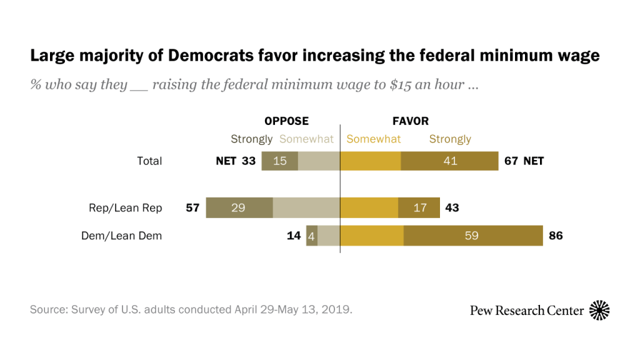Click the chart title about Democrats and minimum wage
[315, 56]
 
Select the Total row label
[149, 161]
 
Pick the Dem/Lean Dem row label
[121, 236]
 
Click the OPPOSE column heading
[286, 121]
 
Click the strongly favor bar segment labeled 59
[473, 236]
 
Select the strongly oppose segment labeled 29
[239, 207]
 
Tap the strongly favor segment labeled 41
[449, 161]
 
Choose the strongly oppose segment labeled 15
[279, 161]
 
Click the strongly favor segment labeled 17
[419, 207]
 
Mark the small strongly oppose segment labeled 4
[312, 236]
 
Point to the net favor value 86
[556, 236]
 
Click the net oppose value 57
[192, 207]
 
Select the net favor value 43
[452, 207]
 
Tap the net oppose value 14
[294, 236]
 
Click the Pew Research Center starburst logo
[599, 310]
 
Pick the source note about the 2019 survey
[191, 309]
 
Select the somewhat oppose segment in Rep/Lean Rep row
[306, 207]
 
